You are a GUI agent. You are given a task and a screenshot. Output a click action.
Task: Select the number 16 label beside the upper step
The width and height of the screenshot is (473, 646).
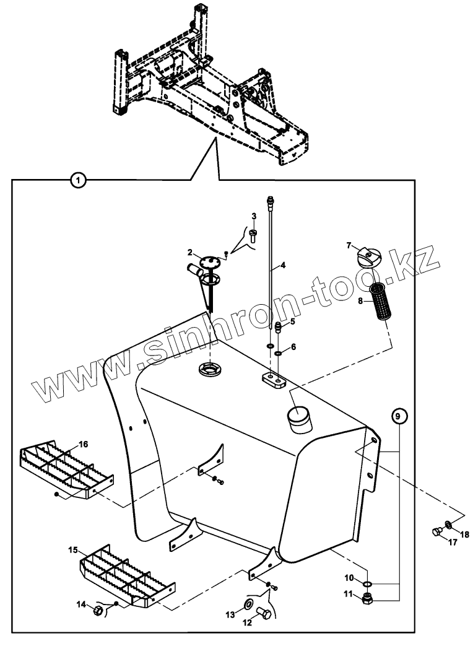pos(83,443)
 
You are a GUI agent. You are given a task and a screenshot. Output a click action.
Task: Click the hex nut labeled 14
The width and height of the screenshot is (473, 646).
pos(98,611)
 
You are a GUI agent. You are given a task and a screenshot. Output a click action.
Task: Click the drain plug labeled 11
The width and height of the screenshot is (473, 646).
pos(367,598)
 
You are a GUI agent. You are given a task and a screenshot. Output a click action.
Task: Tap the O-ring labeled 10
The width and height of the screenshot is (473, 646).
pos(367,583)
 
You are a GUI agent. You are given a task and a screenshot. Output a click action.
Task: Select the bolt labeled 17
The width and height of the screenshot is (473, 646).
pos(436,531)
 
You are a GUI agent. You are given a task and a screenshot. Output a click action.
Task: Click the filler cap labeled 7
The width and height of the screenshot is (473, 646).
pos(368,256)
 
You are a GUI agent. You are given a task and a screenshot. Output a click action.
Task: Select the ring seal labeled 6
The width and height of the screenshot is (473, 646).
pos(279,353)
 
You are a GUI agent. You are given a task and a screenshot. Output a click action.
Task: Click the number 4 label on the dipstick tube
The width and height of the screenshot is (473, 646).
pos(282,265)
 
